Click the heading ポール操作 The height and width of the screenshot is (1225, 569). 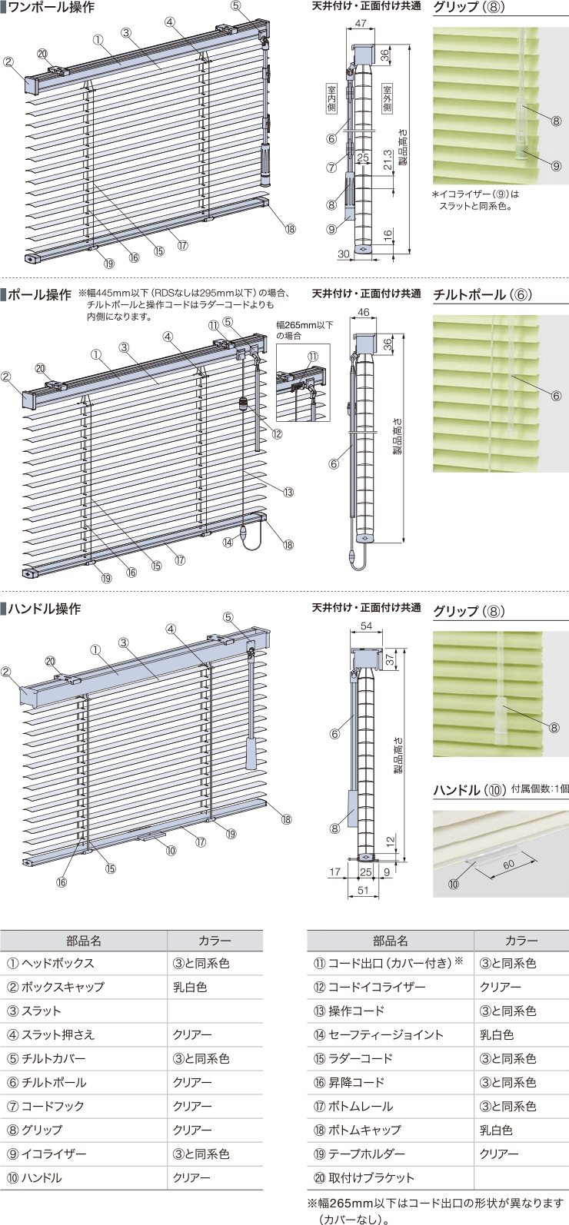coord(39,295)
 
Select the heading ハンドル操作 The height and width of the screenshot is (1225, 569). coord(45,609)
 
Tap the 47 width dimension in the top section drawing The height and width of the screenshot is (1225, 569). coord(361,24)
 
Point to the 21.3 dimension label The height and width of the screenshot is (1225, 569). coord(388,159)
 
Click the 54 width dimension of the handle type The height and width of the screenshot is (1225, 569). coord(366,626)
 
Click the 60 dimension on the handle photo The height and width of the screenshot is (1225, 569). coord(509,865)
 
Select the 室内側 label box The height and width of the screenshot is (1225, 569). coord(331,98)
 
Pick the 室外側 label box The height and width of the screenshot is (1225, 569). coord(388,98)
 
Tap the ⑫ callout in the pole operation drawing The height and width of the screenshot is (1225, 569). coord(277,433)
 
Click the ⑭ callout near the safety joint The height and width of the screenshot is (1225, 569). coord(228,543)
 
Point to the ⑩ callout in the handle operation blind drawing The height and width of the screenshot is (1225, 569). coord(171,851)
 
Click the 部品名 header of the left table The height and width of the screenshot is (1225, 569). coord(84,941)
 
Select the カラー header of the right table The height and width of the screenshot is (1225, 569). coord(521,941)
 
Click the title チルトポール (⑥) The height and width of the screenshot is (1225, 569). coord(483,295)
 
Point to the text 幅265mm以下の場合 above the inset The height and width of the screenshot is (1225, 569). coord(304,330)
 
